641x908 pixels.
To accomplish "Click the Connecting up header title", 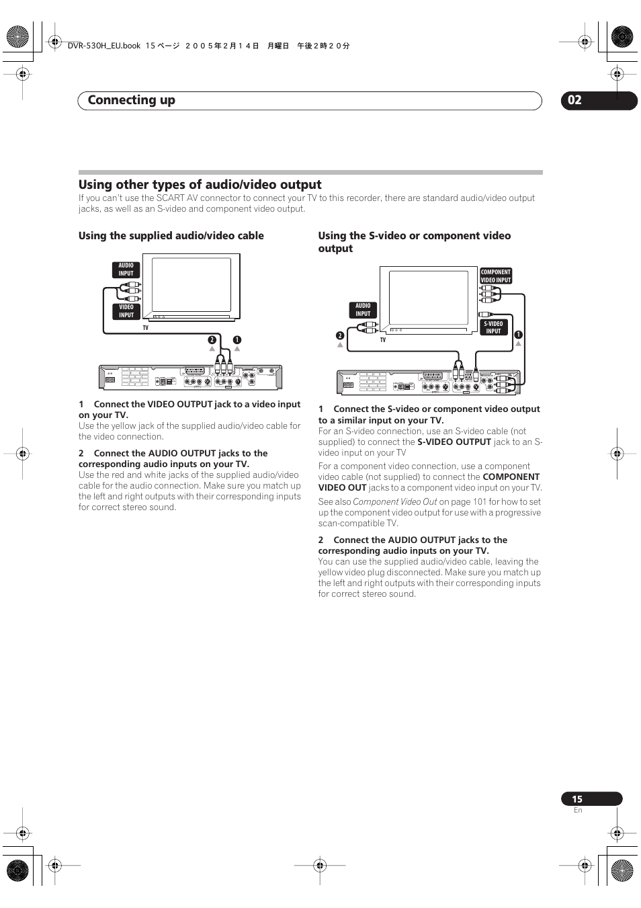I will [132, 100].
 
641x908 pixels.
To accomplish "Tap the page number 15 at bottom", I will [578, 799].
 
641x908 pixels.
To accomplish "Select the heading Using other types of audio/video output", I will [200, 185].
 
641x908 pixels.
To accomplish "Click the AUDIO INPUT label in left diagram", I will [126, 270].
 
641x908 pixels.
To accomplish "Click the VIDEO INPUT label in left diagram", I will [126, 311].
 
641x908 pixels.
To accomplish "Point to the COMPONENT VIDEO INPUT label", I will [496, 276].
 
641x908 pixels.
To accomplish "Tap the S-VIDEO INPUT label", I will [493, 327].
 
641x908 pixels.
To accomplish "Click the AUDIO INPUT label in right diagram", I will [363, 310].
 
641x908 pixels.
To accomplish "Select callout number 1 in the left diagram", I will [237, 340].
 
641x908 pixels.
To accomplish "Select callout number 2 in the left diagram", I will [212, 340].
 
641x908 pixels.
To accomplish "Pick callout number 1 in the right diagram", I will [518, 335].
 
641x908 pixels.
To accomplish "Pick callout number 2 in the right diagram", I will [340, 335].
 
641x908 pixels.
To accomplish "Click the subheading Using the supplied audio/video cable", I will [171, 236].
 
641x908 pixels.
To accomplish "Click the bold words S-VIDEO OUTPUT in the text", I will [454, 442].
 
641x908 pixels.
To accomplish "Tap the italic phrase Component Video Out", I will [395, 502].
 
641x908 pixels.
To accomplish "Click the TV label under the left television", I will [145, 328].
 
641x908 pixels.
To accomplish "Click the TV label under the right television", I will [383, 340].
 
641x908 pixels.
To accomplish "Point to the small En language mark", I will [578, 811].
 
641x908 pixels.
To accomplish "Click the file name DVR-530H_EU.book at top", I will [104, 46].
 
